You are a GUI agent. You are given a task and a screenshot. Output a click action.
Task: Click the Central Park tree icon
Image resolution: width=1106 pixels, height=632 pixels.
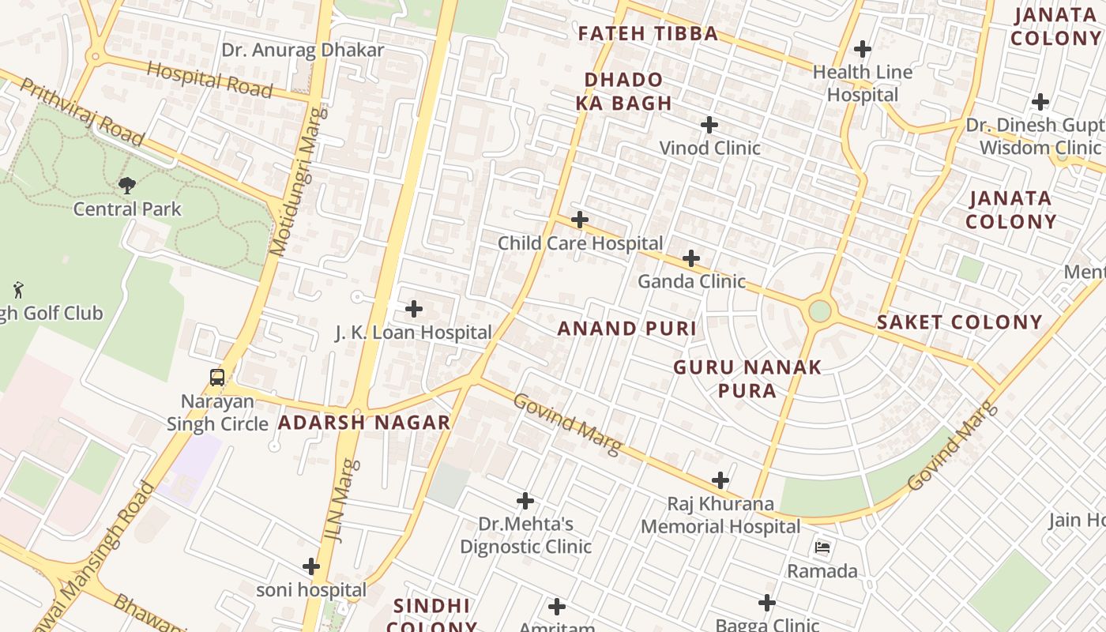(126, 186)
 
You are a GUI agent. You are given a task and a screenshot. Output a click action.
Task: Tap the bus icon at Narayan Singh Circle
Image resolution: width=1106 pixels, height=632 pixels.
(217, 378)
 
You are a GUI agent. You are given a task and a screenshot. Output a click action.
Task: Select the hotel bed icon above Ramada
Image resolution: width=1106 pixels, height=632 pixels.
(822, 547)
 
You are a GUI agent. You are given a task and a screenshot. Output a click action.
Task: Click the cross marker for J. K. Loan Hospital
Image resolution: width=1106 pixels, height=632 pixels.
(414, 309)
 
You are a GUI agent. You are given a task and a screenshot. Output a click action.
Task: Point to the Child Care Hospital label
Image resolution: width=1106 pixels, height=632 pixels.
(580, 243)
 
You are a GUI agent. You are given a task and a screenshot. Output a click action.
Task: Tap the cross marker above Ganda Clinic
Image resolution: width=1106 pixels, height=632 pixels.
(691, 258)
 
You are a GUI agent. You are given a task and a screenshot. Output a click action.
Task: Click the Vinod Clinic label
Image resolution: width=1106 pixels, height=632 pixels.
(709, 148)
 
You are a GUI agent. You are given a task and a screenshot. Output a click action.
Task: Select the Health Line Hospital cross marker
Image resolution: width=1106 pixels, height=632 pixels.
(863, 49)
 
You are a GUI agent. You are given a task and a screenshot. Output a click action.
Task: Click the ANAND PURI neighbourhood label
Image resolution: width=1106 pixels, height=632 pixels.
(627, 329)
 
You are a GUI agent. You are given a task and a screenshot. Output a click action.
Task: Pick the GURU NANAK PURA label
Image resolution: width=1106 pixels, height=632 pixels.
(747, 378)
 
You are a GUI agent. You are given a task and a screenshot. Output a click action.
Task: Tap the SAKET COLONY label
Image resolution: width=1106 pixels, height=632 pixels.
(960, 322)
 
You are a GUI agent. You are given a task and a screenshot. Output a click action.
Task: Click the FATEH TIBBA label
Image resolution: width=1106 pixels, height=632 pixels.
(648, 34)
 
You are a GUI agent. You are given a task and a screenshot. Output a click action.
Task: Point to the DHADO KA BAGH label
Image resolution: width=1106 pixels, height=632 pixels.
(623, 92)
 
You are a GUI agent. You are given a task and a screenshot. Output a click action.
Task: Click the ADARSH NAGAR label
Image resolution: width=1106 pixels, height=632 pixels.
(364, 423)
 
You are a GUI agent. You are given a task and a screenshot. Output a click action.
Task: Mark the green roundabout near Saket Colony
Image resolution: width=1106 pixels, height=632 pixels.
(820, 311)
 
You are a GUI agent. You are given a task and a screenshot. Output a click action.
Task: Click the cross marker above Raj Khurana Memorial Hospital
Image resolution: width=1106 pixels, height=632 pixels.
(720, 480)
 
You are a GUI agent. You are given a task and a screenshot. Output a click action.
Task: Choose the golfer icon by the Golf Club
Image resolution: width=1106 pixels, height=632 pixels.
(18, 290)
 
